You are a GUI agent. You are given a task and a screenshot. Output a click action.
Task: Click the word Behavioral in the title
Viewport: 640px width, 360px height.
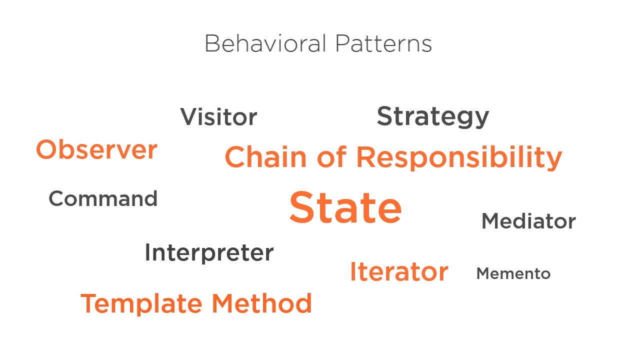(265, 43)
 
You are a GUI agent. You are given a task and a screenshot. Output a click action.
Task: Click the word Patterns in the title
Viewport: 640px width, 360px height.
(383, 43)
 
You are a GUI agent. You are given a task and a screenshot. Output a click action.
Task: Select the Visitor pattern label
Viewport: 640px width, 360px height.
(218, 116)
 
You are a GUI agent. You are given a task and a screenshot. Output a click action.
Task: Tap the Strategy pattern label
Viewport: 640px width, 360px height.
(433, 116)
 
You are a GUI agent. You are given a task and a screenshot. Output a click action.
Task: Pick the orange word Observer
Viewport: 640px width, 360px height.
(96, 149)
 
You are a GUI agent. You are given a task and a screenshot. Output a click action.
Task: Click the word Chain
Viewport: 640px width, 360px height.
(265, 157)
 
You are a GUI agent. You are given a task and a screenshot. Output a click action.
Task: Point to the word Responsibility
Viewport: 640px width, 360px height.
(459, 157)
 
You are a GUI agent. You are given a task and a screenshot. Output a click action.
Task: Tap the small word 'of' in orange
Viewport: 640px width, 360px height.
(331, 156)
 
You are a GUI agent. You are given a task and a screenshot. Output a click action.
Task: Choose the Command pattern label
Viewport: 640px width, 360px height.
(103, 198)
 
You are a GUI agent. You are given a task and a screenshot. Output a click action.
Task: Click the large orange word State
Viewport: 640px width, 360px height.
(345, 207)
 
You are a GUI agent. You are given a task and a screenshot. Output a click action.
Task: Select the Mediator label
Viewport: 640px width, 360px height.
(528, 221)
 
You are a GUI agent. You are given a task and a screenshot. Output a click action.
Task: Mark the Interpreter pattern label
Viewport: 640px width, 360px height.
(209, 253)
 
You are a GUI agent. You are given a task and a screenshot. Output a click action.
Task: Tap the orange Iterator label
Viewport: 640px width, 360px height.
(399, 271)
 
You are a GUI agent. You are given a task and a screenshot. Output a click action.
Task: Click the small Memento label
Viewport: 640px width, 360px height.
(513, 273)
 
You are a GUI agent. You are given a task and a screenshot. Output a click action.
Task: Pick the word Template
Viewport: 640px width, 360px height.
(141, 303)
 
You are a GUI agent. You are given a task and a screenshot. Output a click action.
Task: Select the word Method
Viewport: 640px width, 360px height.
(261, 303)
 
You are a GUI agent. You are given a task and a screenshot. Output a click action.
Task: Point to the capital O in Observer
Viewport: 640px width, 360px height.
(47, 149)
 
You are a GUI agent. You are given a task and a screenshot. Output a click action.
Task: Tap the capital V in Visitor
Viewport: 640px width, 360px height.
(190, 116)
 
